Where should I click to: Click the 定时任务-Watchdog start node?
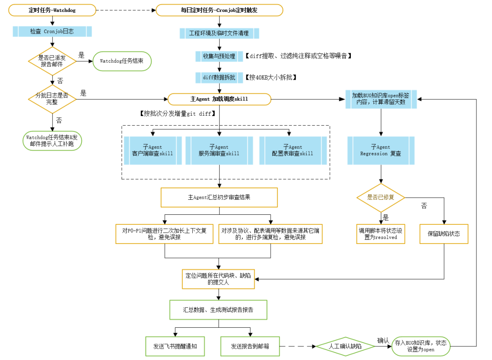pyautogui.click(x=52, y=10)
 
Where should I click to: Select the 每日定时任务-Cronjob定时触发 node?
pyautogui.click(x=219, y=10)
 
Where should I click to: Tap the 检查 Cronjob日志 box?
pyautogui.click(x=52, y=31)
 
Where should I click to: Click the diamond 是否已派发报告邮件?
pyautogui.click(x=52, y=61)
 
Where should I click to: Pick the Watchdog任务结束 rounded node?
pyautogui.click(x=122, y=61)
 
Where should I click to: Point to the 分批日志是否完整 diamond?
pyautogui.click(x=52, y=99)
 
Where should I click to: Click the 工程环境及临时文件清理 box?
pyautogui.click(x=219, y=33)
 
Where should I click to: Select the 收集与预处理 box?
pyautogui.click(x=219, y=56)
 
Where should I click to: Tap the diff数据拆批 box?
pyautogui.click(x=219, y=77)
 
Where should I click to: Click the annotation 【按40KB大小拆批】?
pyautogui.click(x=271, y=77)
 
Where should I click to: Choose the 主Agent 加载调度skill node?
pyautogui.click(x=219, y=99)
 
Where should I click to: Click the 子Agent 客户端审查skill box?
pyautogui.click(x=153, y=151)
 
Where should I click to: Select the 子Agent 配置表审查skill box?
pyautogui.click(x=293, y=151)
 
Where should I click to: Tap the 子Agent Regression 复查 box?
pyautogui.click(x=381, y=151)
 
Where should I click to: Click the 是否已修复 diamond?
pyautogui.click(x=381, y=198)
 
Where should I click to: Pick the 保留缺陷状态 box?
pyautogui.click(x=444, y=234)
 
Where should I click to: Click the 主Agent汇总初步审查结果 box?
pyautogui.click(x=219, y=198)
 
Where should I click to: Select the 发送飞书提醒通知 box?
pyautogui.click(x=175, y=346)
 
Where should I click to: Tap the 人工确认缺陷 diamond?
pyautogui.click(x=345, y=346)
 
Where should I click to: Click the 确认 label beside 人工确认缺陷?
pyautogui.click(x=383, y=340)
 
